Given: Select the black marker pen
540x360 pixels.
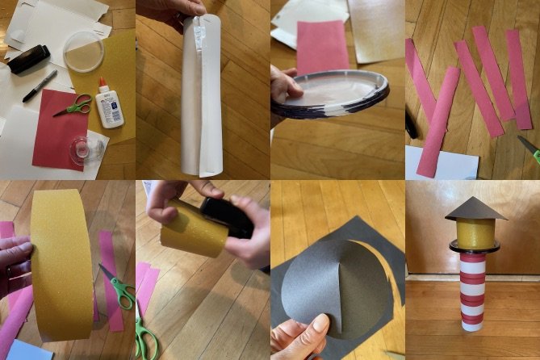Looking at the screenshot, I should (40, 86).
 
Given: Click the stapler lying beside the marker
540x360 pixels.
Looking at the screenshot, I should (29, 59).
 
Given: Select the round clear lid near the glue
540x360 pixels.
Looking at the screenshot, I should (84, 52).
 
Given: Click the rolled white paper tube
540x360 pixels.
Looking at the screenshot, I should (198, 97).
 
